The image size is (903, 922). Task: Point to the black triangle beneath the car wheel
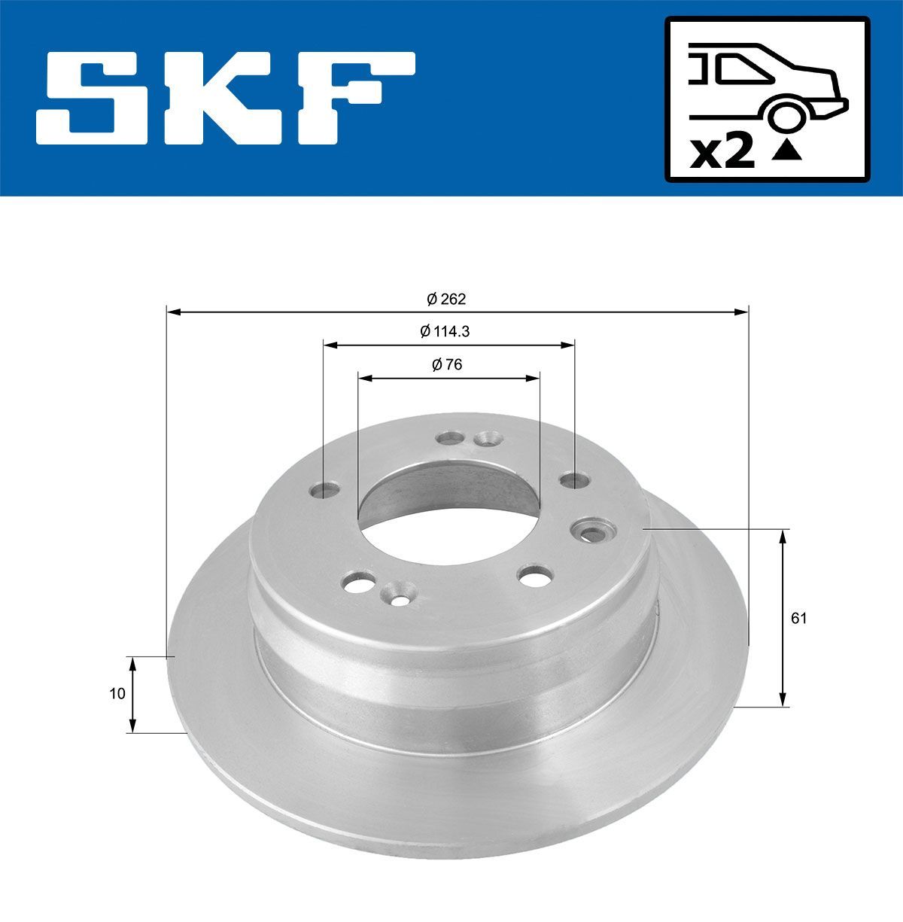pyautogui.click(x=787, y=151)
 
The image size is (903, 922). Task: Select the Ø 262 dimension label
pyautogui.click(x=446, y=299)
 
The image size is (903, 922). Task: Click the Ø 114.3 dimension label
pyautogui.click(x=446, y=330)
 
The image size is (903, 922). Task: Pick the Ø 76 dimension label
pyautogui.click(x=447, y=365)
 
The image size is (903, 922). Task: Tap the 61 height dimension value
pyautogui.click(x=798, y=619)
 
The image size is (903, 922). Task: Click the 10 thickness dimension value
pyautogui.click(x=117, y=694)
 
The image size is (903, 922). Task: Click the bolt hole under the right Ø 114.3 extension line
pyautogui.click(x=574, y=479)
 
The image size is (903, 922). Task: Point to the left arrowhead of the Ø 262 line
pyautogui.click(x=172, y=310)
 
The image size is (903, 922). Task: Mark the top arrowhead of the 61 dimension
pyautogui.click(x=783, y=535)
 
